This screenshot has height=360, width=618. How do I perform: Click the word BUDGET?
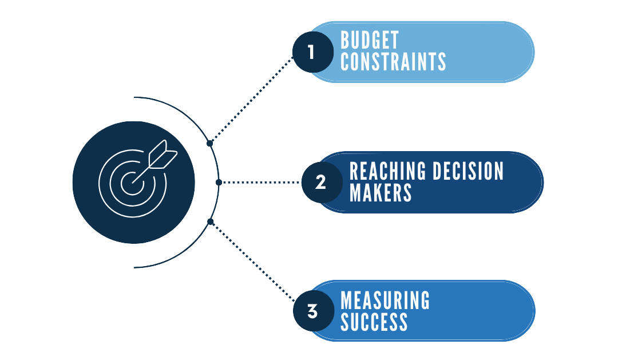[369, 41]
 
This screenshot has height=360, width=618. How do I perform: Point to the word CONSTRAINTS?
[393, 62]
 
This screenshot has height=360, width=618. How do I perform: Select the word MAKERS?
[381, 193]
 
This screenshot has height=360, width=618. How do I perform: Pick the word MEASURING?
[385, 300]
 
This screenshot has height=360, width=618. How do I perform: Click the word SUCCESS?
[374, 322]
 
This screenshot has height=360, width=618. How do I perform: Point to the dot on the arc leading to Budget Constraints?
[210, 143]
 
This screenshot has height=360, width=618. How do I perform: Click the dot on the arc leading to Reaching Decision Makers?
[219, 182]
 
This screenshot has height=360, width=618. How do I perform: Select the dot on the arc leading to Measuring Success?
[210, 221]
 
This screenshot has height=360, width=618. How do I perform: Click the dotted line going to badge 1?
[252, 98]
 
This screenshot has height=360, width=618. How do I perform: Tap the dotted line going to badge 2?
[260, 183]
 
